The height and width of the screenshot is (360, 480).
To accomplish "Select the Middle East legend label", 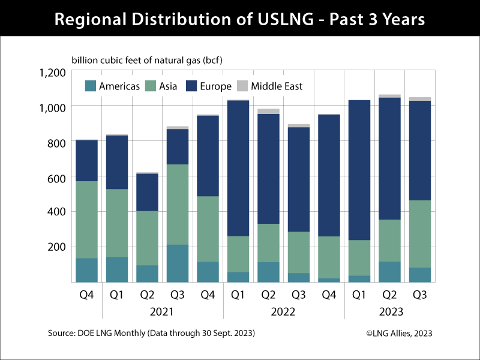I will (x=277, y=86).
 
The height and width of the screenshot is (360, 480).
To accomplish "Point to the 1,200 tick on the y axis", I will (x=52, y=73).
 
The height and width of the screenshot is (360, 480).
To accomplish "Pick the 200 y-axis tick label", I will (x=56, y=247).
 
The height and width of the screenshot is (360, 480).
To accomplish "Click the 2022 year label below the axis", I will (x=283, y=311).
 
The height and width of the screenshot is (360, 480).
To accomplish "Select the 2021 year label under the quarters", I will (x=162, y=311).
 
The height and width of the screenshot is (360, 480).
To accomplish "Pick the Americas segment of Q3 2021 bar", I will (x=177, y=263).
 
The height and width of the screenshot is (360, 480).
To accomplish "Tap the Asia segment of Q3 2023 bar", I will (x=419, y=233).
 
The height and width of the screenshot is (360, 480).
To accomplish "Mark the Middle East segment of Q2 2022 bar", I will (x=268, y=111).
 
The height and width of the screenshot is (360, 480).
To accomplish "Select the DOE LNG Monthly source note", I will (x=152, y=333).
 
